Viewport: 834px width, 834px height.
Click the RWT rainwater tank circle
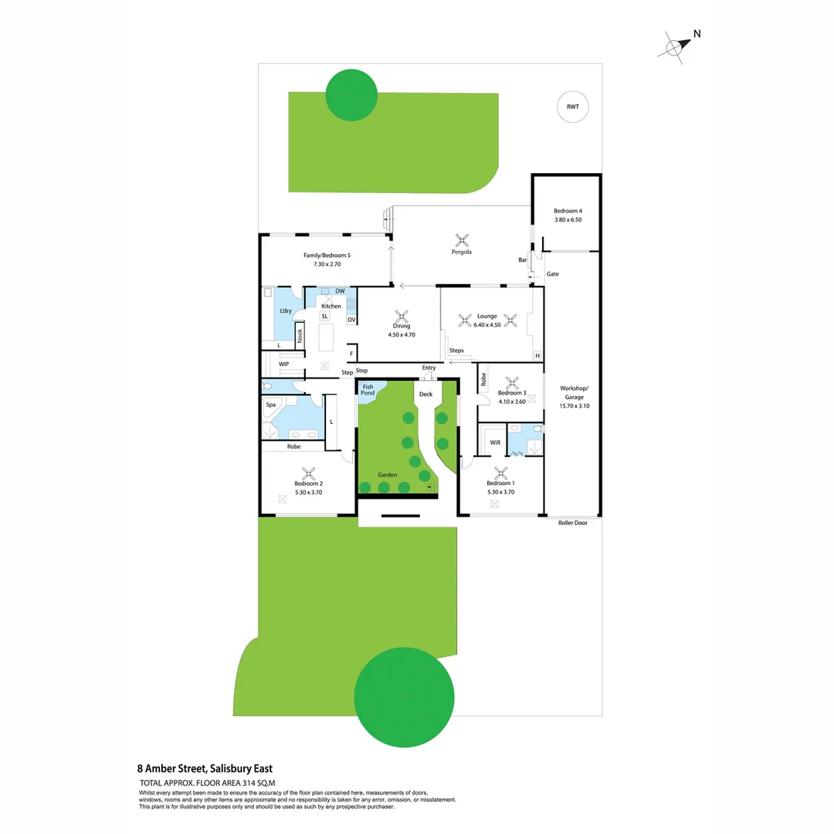(x=573, y=107)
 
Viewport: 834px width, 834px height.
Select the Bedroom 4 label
(x=568, y=211)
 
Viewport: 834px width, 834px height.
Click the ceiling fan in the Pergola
(x=462, y=239)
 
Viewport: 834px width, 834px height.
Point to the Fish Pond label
(x=368, y=390)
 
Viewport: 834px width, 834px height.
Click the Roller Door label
(x=572, y=523)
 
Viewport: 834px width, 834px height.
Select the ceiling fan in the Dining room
(x=402, y=316)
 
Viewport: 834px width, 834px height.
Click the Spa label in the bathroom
(x=271, y=405)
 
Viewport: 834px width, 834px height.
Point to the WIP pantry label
(x=283, y=364)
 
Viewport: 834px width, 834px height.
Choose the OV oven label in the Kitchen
(x=351, y=320)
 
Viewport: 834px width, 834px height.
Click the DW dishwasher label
(x=340, y=291)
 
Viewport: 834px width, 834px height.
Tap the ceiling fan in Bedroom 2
(x=308, y=473)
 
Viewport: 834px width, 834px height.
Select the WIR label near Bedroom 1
(x=495, y=442)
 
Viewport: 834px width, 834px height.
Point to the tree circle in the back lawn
(x=351, y=94)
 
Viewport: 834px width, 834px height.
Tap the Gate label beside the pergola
(x=553, y=274)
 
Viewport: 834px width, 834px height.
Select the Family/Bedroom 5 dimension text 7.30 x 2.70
(x=327, y=264)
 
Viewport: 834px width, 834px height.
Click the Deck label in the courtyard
(x=425, y=395)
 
